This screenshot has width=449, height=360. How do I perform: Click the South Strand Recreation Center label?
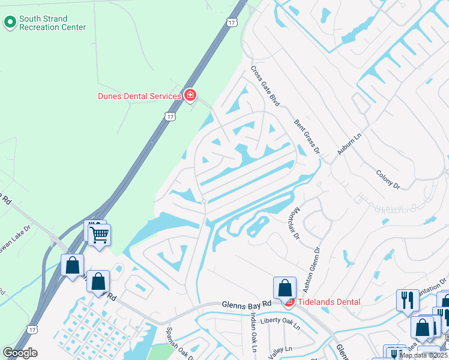tap(52, 23)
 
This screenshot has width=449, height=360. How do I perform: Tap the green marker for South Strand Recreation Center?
tap(10, 23)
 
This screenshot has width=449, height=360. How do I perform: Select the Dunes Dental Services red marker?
tap(190, 95)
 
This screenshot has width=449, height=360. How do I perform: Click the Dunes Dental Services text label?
tap(139, 96)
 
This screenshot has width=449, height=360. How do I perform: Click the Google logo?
tap(20, 353)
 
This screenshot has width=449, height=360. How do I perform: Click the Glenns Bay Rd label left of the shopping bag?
tap(246, 305)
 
